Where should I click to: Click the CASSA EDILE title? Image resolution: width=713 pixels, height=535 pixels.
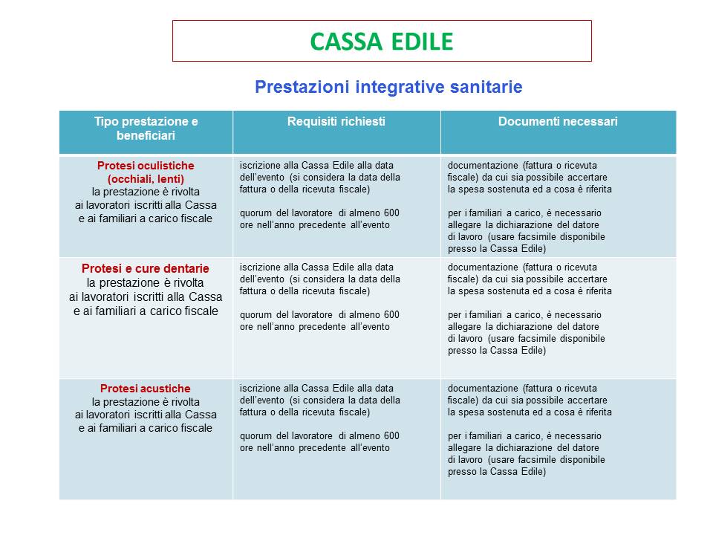[x=381, y=42]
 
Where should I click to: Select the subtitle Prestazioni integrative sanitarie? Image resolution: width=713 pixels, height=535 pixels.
[x=388, y=87]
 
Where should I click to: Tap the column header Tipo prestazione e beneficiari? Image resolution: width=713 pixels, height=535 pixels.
[x=146, y=129]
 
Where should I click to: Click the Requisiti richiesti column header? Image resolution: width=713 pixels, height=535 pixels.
[x=336, y=121]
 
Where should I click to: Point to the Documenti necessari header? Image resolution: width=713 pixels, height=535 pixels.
[x=558, y=121]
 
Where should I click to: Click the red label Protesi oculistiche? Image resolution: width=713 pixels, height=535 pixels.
[x=146, y=166]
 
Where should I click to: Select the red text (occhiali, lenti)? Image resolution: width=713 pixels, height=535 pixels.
[x=146, y=178]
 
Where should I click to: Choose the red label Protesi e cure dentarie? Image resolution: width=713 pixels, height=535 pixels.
[x=146, y=268]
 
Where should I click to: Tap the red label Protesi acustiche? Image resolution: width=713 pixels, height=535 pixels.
[x=146, y=389]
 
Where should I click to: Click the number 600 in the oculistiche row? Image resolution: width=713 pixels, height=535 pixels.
[x=391, y=213]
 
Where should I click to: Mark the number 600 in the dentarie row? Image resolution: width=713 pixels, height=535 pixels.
[x=391, y=315]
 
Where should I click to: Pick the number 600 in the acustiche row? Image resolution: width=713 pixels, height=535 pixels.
[x=391, y=436]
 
